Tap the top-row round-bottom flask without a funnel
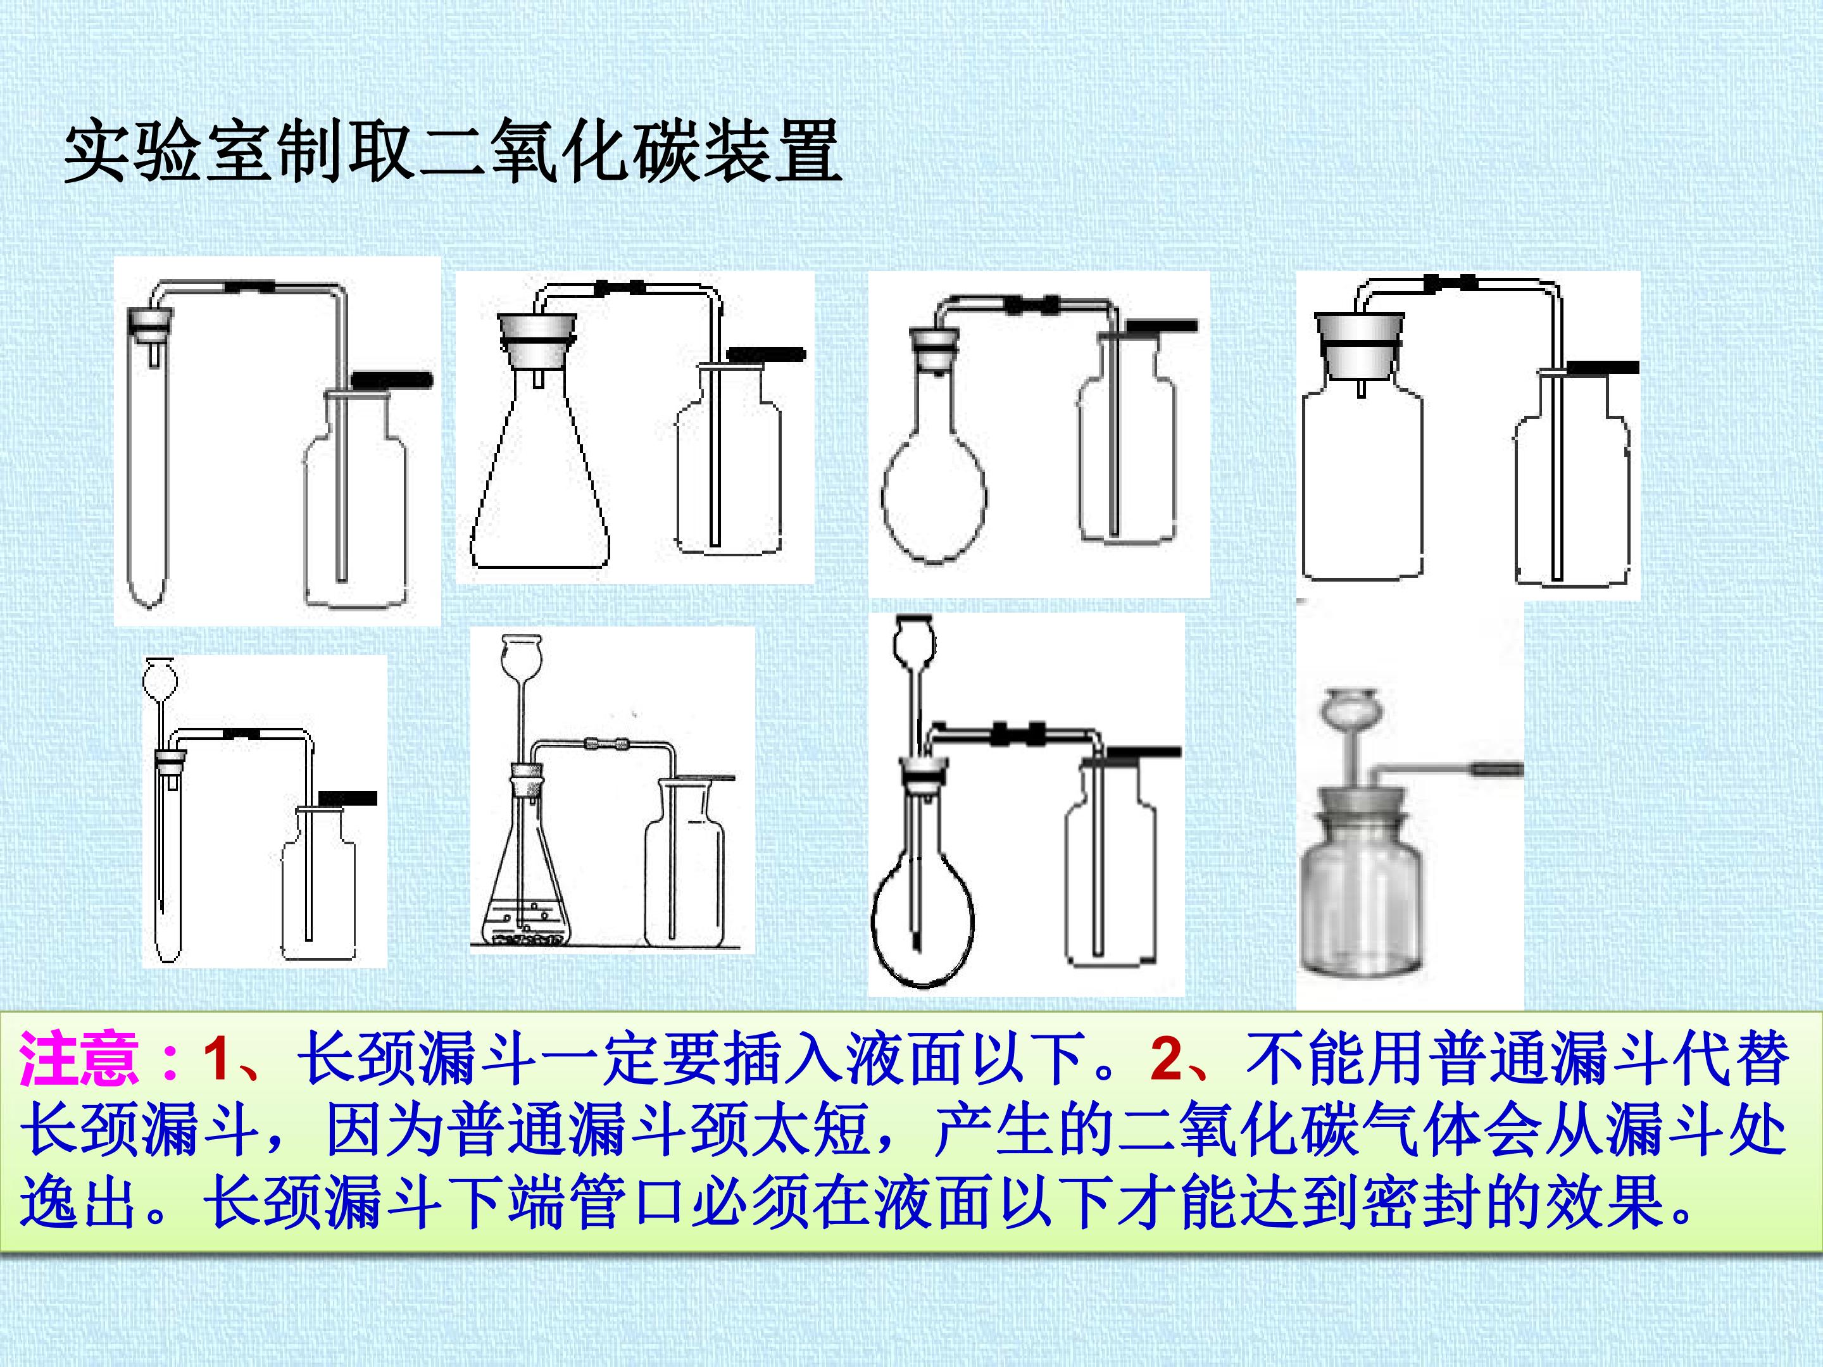(x=934, y=470)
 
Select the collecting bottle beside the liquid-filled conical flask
(x=684, y=865)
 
